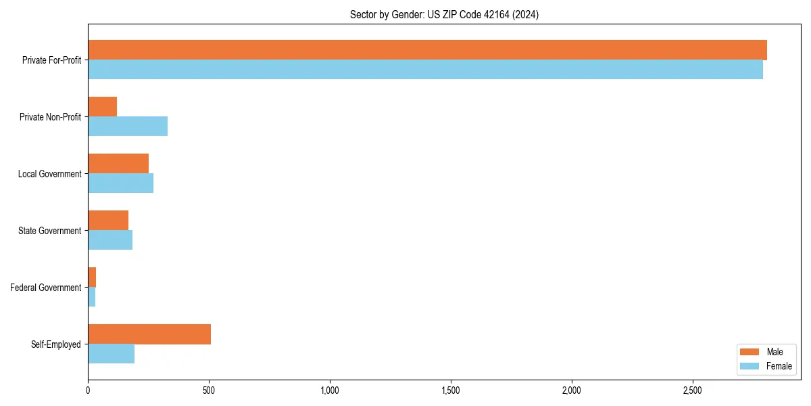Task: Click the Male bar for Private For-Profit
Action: (427, 50)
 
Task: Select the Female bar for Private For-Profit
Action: (425, 70)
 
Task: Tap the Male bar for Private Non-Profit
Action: (102, 107)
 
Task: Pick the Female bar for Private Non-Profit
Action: (128, 127)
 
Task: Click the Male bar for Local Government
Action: (118, 164)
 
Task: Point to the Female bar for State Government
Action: (110, 240)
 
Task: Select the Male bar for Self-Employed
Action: (149, 334)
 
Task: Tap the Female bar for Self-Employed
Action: (111, 354)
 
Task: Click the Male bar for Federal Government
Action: (92, 277)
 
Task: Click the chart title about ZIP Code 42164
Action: (444, 14)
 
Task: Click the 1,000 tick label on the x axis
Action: (330, 390)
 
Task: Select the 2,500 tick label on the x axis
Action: (692, 390)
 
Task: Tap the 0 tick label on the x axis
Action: (88, 390)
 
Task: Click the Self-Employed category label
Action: (56, 344)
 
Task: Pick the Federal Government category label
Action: (46, 288)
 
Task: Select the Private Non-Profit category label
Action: (50, 117)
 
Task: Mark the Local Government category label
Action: (49, 174)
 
